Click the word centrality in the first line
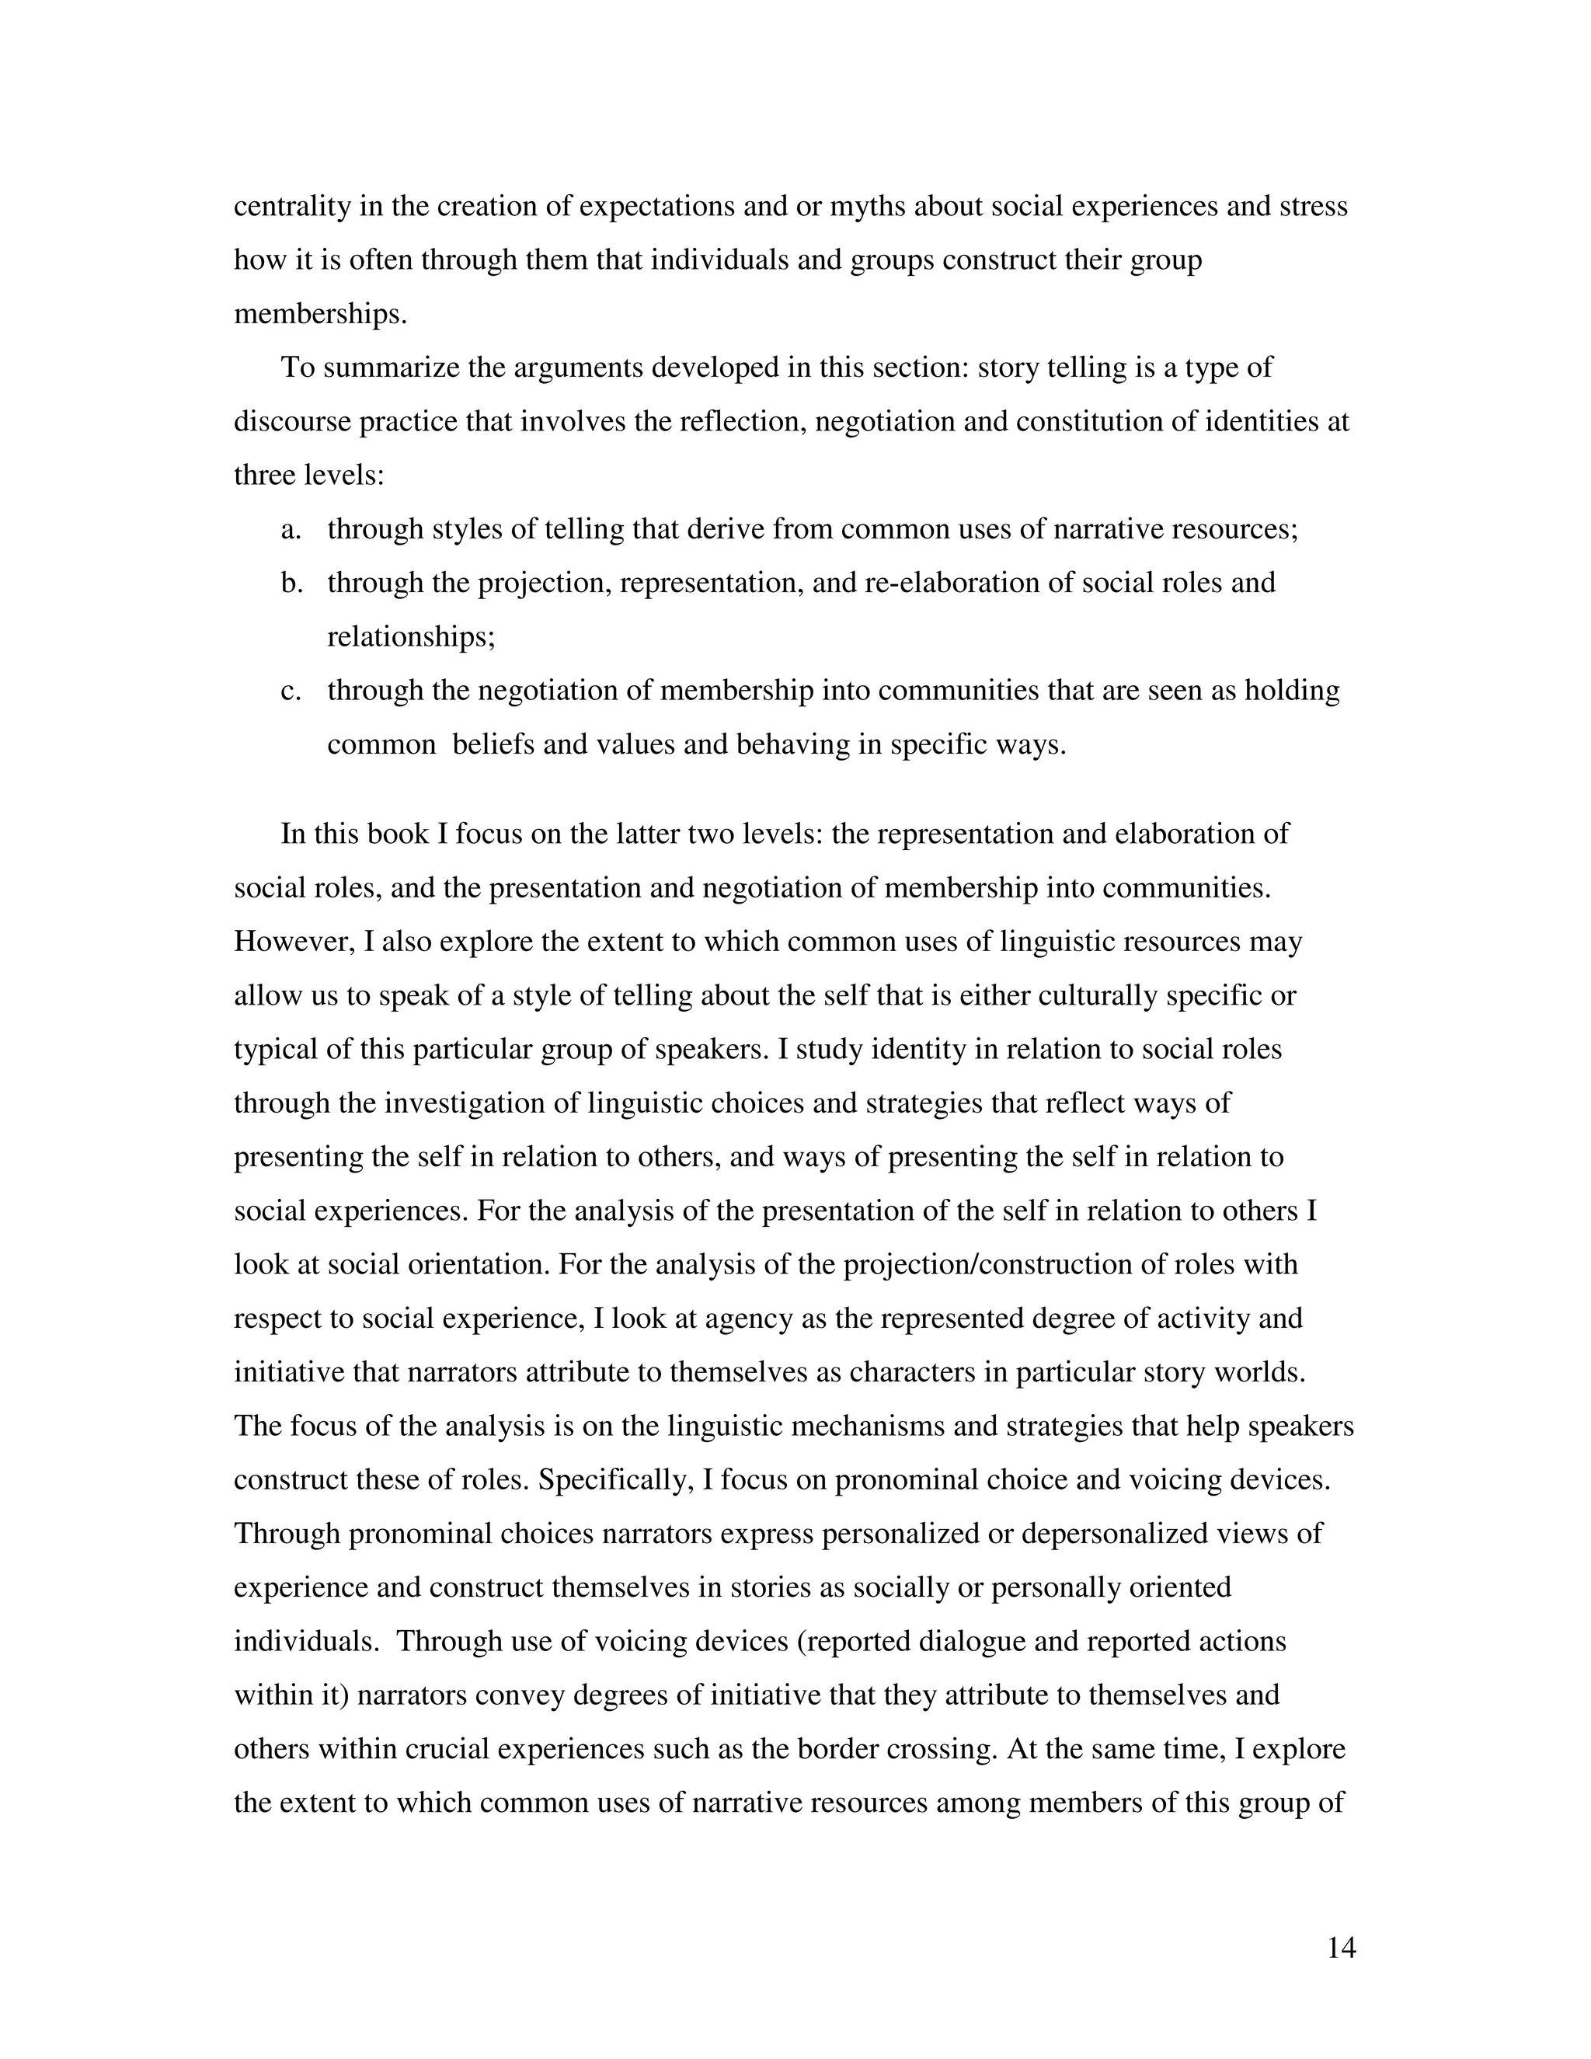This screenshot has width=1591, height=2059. pos(292,207)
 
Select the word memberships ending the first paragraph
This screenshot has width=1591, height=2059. pos(321,314)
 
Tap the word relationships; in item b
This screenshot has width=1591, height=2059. pos(411,637)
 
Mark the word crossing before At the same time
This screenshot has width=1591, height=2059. pos(942,1749)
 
